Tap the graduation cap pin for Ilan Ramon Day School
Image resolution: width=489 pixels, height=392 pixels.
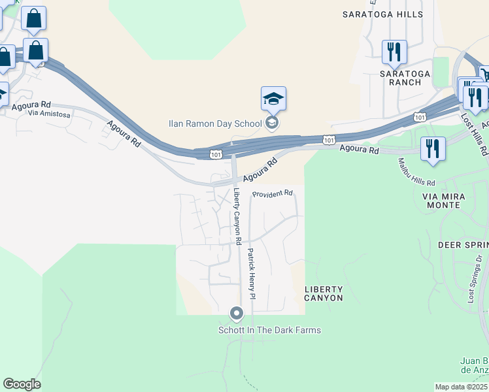(x=273, y=99)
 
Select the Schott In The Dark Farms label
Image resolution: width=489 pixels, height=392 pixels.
(x=269, y=330)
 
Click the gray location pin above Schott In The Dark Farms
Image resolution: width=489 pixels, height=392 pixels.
(x=237, y=315)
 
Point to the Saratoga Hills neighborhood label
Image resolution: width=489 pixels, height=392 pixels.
(x=382, y=14)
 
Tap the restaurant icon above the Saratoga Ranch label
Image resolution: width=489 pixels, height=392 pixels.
(x=394, y=52)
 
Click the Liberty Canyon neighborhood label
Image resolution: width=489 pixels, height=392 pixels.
(x=324, y=293)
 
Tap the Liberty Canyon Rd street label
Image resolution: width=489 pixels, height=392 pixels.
(x=238, y=216)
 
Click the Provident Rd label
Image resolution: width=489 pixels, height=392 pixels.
(x=273, y=194)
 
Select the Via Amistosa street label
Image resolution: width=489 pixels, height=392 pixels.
(x=48, y=114)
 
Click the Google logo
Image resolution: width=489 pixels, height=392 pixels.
(x=22, y=384)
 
